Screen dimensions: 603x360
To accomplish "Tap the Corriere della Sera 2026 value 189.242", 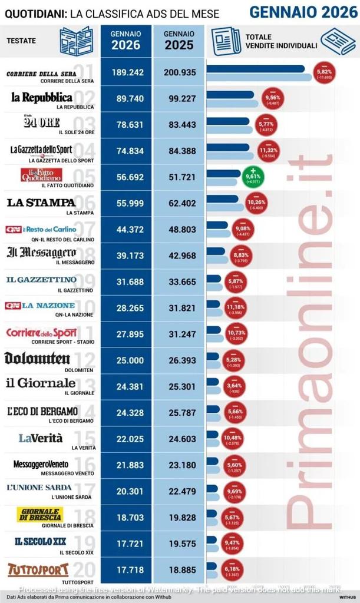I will pyautogui.click(x=127, y=72).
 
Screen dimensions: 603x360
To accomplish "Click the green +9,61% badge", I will pyautogui.click(x=253, y=175).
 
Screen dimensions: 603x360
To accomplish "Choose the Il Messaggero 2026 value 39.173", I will pyautogui.click(x=127, y=254).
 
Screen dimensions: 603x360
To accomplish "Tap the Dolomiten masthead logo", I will pyautogui.click(x=37, y=358).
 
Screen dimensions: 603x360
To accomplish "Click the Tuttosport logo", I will pyautogui.click(x=38, y=569).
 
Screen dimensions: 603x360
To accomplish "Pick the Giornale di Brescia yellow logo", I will pyautogui.click(x=40, y=514).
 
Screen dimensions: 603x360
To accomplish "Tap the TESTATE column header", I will pyautogui.click(x=21, y=41).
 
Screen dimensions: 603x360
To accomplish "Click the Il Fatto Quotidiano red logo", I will pyautogui.click(x=41, y=175).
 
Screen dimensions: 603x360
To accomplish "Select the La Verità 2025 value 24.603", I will pyautogui.click(x=179, y=437).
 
